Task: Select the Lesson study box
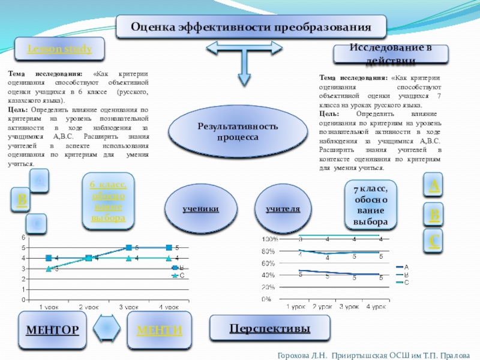[59, 49]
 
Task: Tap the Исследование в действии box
[391, 55]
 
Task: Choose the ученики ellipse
[200, 209]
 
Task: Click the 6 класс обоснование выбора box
[108, 202]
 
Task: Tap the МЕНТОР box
[52, 330]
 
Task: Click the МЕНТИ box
[160, 330]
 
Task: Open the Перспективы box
[270, 329]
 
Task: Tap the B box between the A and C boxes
[434, 214]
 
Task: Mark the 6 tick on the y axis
[23, 237]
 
